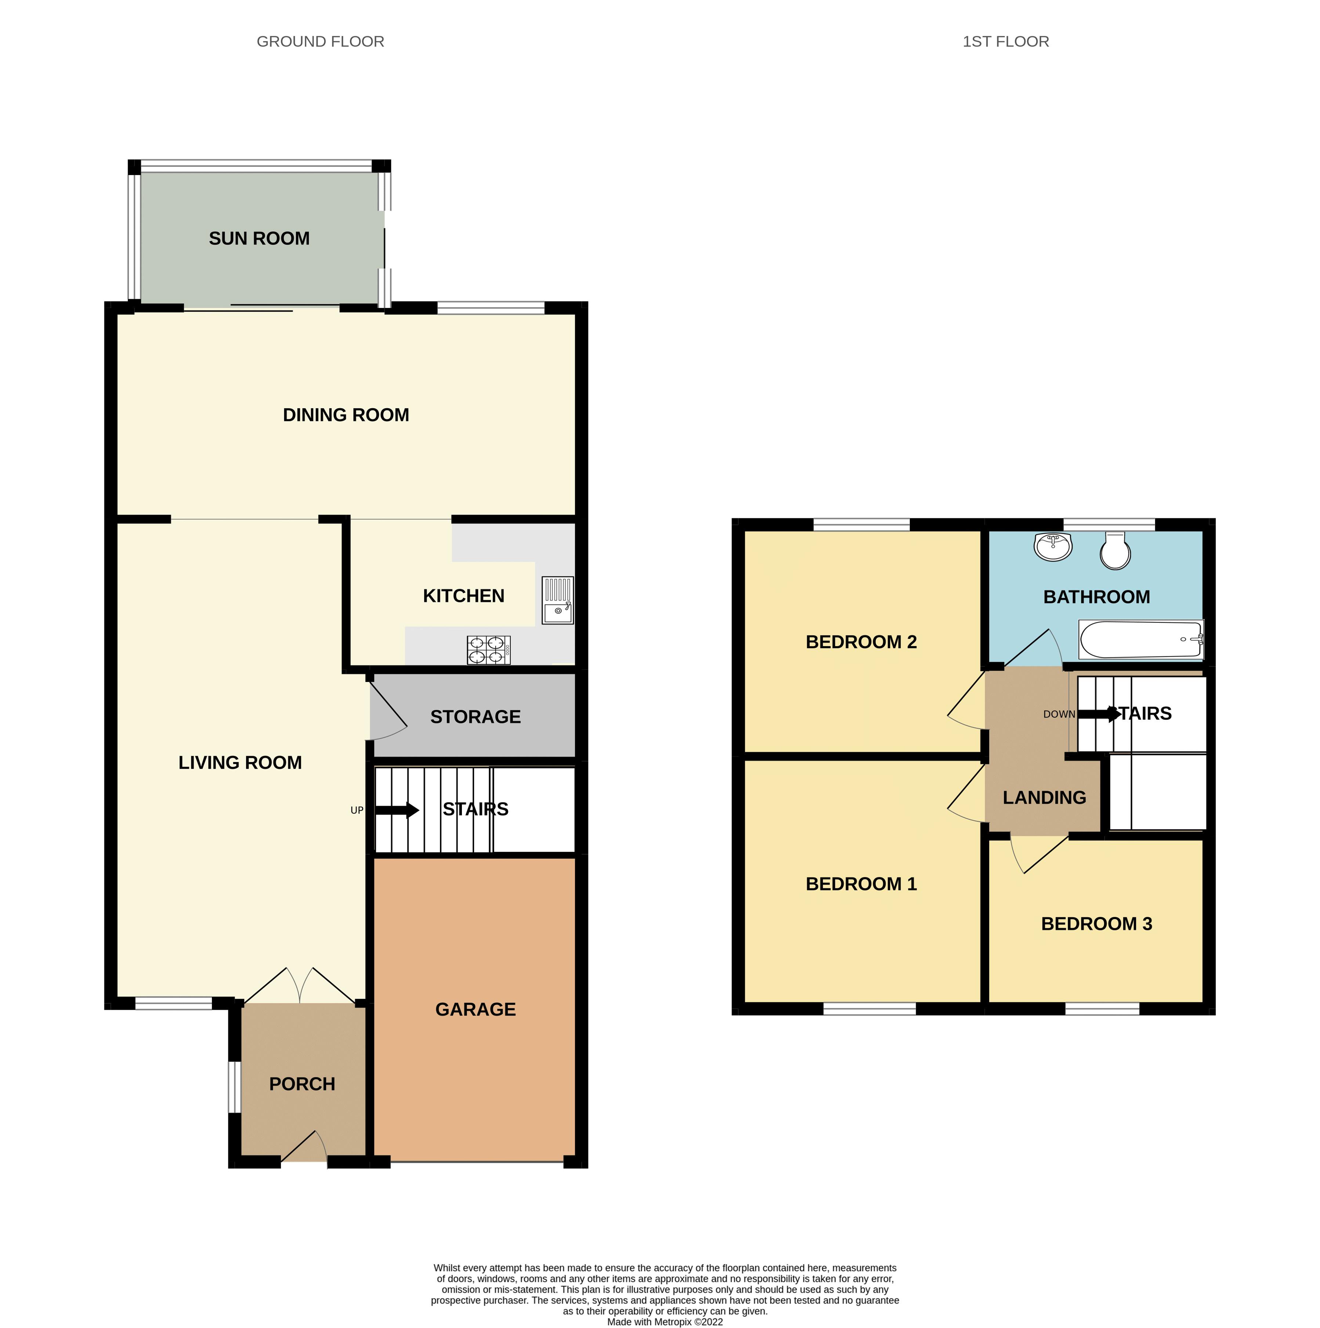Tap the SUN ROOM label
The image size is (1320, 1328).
(259, 239)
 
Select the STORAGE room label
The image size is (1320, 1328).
(475, 717)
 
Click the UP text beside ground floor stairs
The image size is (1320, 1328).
(357, 810)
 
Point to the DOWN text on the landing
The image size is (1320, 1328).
(1059, 714)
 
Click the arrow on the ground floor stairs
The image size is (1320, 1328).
(397, 810)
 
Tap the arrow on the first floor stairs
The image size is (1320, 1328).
(1100, 714)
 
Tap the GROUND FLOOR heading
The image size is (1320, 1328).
(321, 41)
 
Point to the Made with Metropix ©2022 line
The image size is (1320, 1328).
(665, 1321)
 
